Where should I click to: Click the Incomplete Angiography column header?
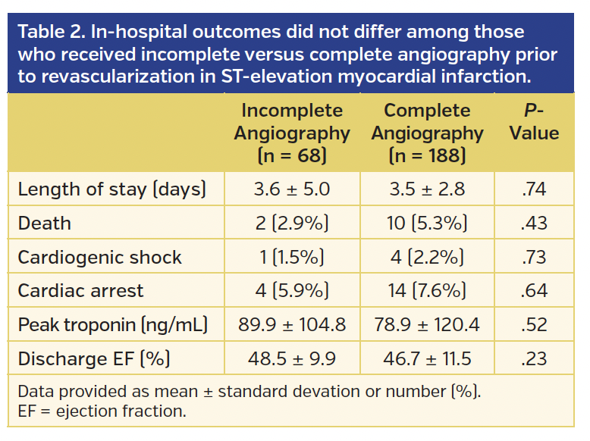click(x=291, y=133)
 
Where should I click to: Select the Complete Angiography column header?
click(x=427, y=133)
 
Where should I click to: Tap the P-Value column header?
click(x=534, y=122)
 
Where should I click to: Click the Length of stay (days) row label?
click(x=111, y=189)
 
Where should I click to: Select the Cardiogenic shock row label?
click(x=99, y=257)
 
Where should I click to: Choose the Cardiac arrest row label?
click(x=80, y=291)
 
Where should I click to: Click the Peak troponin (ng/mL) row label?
click(x=112, y=324)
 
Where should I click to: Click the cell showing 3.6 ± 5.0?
click(x=292, y=189)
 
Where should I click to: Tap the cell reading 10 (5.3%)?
click(x=427, y=224)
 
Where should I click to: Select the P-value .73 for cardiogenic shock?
click(x=534, y=257)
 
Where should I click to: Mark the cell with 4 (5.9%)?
click(x=292, y=291)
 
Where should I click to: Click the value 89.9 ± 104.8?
click(x=292, y=324)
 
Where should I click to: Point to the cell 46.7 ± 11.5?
click(x=427, y=358)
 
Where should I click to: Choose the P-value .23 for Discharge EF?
click(x=534, y=358)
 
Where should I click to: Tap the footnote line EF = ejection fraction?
click(x=102, y=411)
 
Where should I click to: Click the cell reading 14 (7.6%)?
click(x=427, y=291)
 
